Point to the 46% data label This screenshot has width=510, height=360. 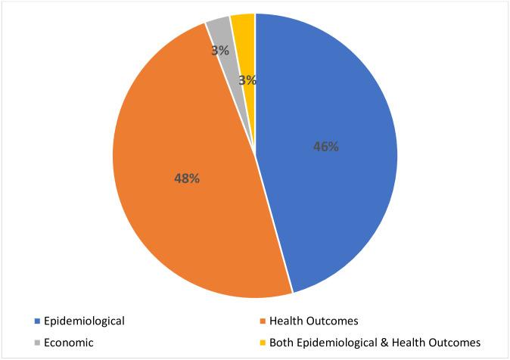coord(326,147)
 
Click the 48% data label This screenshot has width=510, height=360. coord(186,178)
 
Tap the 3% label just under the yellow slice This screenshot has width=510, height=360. coord(247,79)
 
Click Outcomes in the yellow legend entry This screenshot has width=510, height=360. coord(458,343)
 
